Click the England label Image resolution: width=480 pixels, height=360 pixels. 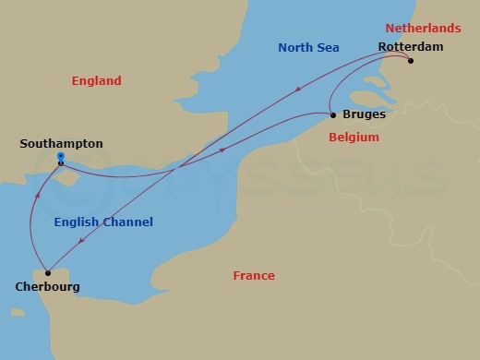click(x=96, y=81)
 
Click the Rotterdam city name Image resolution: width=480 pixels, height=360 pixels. click(x=410, y=46)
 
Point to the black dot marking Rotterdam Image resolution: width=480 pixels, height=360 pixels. click(x=411, y=62)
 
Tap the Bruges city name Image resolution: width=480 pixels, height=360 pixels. click(x=364, y=115)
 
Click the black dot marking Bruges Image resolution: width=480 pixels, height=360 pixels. click(x=332, y=115)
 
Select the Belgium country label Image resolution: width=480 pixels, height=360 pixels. click(x=354, y=138)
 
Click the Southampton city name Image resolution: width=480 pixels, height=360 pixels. click(x=61, y=144)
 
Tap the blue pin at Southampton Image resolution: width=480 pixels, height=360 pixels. click(x=60, y=159)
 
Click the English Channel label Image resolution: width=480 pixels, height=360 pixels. click(x=103, y=222)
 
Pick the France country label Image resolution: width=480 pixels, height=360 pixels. click(x=254, y=276)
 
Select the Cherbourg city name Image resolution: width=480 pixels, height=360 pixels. click(x=47, y=287)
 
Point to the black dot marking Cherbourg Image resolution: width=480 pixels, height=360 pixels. click(x=47, y=273)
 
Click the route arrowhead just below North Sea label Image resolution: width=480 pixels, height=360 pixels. click(x=298, y=90)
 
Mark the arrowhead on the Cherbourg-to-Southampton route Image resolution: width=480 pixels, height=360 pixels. click(x=38, y=196)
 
